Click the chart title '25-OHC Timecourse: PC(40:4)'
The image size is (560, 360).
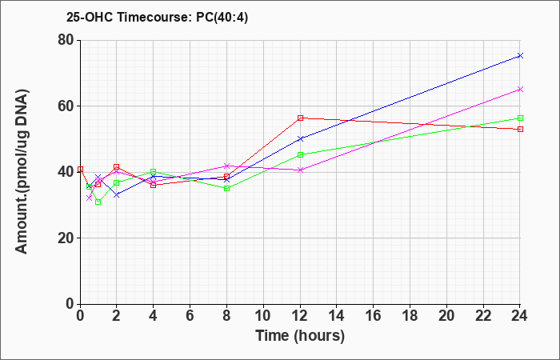157,18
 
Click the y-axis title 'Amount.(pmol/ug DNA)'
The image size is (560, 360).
22,172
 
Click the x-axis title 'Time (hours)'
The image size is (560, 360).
300,336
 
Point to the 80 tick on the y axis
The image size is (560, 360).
66,40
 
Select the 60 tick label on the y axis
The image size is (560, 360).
66,106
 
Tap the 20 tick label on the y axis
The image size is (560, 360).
66,238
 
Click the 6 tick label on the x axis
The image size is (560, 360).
190,316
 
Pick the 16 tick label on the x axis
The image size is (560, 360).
374,316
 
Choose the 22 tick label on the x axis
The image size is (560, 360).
483,316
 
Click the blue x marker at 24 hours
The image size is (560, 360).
520,56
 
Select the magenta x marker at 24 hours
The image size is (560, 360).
520,90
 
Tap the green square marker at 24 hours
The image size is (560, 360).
520,118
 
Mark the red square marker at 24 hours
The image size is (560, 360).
520,130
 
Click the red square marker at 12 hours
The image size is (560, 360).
300,118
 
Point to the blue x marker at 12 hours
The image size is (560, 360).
300,139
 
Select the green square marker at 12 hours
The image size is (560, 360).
300,155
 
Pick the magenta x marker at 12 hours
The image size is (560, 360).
300,170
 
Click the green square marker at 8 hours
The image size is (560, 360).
226,189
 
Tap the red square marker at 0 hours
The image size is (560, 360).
80,170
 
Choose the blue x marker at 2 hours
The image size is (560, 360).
117,195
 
